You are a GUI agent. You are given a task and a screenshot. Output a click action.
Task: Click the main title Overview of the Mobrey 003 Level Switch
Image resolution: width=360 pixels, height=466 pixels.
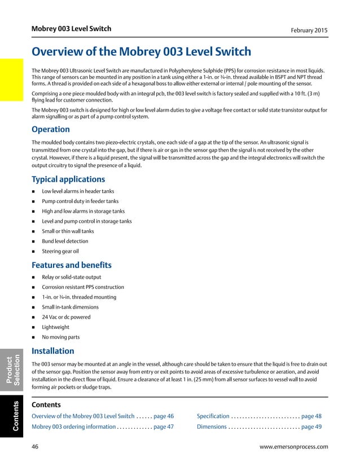coord(141,52)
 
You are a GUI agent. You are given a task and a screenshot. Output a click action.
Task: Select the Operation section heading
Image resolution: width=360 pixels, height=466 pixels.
coord(51,129)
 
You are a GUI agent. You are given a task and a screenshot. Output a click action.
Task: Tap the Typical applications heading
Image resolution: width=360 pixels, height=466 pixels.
coord(68,179)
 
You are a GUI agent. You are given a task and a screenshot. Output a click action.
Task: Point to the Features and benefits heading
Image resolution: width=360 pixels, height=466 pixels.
coord(72,265)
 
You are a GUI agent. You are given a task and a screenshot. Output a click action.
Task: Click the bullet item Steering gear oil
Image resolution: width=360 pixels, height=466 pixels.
coord(60,251)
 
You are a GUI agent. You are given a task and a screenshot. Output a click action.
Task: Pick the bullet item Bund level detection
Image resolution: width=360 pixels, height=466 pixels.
coord(65,241)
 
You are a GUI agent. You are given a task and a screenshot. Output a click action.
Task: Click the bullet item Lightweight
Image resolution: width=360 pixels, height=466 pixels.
coord(56,327)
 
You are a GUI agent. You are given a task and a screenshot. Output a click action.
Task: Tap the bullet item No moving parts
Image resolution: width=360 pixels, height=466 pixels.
coord(60,337)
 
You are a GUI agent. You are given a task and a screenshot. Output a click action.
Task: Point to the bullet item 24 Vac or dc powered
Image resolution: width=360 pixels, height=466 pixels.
coord(66,317)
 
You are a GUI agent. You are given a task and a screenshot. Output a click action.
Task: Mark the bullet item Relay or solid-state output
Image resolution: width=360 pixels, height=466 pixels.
coord(71,277)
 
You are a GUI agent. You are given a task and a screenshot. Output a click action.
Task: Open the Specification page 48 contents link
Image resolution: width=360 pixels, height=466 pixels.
coord(259,416)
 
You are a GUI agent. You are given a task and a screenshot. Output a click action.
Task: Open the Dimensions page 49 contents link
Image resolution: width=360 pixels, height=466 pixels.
coord(259,427)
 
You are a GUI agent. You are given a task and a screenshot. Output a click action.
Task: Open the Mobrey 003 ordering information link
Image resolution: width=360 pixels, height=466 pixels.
coord(103,427)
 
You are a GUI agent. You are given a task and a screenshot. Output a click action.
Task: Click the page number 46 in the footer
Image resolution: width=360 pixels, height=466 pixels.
coord(36,447)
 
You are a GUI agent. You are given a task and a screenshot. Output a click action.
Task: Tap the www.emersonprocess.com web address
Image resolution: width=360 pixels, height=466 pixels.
coord(293,447)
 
